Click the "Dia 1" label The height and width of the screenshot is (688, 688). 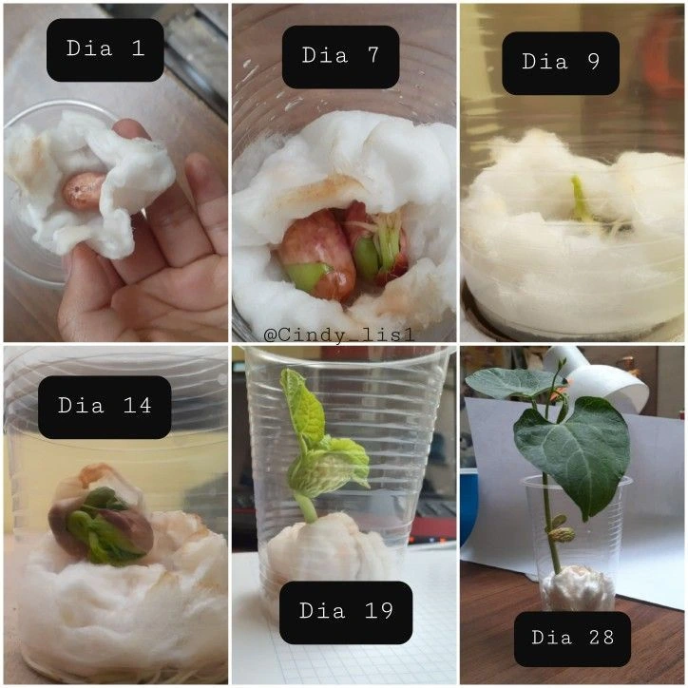[x=105, y=48]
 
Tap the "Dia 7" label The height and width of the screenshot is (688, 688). [x=340, y=55]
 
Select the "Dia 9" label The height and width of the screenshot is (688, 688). [x=561, y=62]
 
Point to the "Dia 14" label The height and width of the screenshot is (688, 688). [x=105, y=405]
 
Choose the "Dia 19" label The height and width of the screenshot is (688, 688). [x=346, y=610]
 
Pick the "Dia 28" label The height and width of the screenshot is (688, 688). [x=572, y=638]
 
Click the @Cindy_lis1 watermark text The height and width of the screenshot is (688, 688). [x=338, y=335]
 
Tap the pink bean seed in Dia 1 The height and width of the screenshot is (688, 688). [x=84, y=190]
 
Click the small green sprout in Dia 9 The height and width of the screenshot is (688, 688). [x=580, y=199]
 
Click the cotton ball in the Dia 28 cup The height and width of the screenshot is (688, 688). [x=579, y=588]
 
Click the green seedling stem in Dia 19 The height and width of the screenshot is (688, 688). [x=306, y=507]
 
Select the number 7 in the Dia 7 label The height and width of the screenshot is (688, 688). [x=373, y=55]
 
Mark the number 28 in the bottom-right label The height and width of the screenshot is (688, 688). [x=602, y=638]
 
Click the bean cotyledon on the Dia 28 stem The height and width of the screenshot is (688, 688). [x=561, y=534]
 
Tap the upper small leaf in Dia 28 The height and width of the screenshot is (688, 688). [x=509, y=383]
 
